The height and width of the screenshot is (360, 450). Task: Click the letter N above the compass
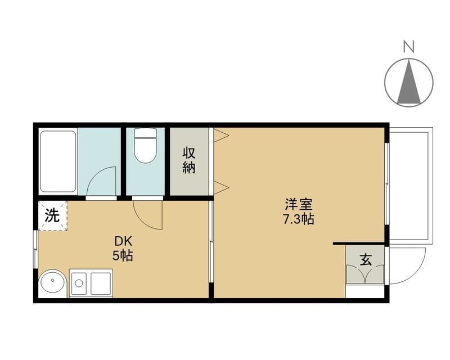click(409, 47)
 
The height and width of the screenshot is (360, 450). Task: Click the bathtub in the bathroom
click(58, 161)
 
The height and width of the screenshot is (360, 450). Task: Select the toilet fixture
click(146, 146)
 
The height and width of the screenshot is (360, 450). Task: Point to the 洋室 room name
click(299, 204)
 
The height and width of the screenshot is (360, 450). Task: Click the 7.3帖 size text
click(299, 219)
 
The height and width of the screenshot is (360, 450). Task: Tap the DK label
click(123, 241)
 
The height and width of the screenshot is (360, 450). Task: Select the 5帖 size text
click(123, 255)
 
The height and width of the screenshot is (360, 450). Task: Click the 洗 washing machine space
click(52, 215)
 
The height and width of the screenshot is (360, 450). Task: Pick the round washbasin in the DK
click(52, 281)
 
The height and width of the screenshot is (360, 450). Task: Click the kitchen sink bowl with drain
click(79, 283)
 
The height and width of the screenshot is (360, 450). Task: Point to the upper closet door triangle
click(221, 134)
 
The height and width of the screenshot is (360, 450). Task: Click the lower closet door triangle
click(221, 187)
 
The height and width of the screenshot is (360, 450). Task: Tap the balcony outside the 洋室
click(411, 186)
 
